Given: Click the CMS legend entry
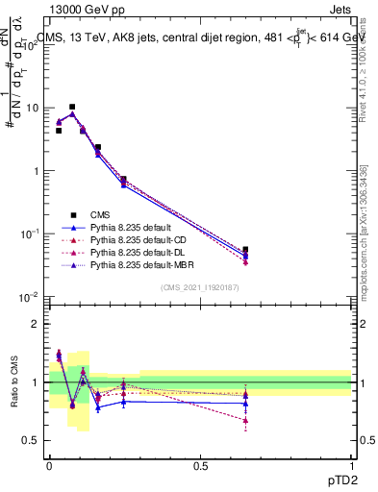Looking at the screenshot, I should point(100,214).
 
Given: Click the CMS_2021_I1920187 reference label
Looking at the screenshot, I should point(200,288).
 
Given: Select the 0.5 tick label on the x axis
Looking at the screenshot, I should point(200,465).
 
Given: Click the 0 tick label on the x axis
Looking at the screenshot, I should point(49,465).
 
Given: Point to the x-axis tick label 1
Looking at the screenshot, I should point(351,465).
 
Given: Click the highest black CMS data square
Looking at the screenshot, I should point(72,108).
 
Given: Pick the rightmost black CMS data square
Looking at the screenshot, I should point(246,250).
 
